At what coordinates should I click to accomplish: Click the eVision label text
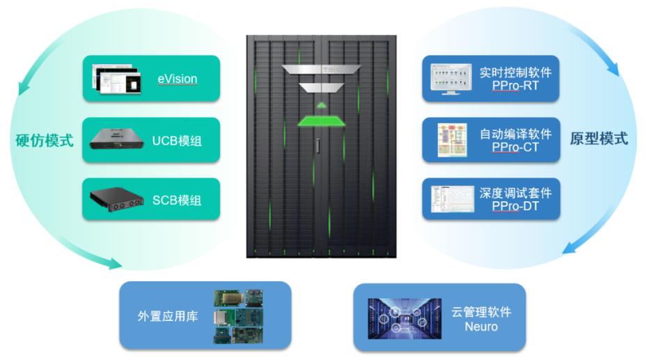click(x=177, y=79)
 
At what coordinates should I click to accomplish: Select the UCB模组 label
click(x=177, y=140)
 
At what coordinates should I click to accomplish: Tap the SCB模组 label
click(x=177, y=200)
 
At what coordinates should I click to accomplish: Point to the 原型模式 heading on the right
click(x=599, y=139)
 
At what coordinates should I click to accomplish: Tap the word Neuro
click(x=481, y=326)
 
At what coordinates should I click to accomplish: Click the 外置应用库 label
click(x=167, y=316)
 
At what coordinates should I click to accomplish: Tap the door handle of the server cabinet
click(x=317, y=148)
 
